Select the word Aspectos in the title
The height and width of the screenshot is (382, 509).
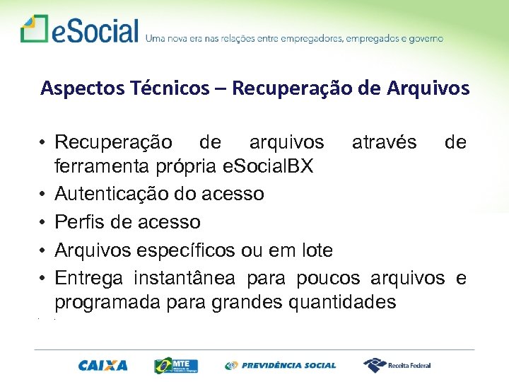point(72,88)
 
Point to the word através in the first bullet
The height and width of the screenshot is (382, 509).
point(385,142)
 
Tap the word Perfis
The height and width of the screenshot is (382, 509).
point(77,222)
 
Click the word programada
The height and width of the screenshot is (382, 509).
point(106,303)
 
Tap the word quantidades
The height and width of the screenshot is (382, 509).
point(343,303)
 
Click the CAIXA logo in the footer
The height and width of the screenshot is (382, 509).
point(103,365)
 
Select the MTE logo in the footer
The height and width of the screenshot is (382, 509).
point(176,365)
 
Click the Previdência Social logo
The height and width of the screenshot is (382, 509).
point(281,365)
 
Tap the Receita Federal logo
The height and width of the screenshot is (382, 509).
point(397,365)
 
